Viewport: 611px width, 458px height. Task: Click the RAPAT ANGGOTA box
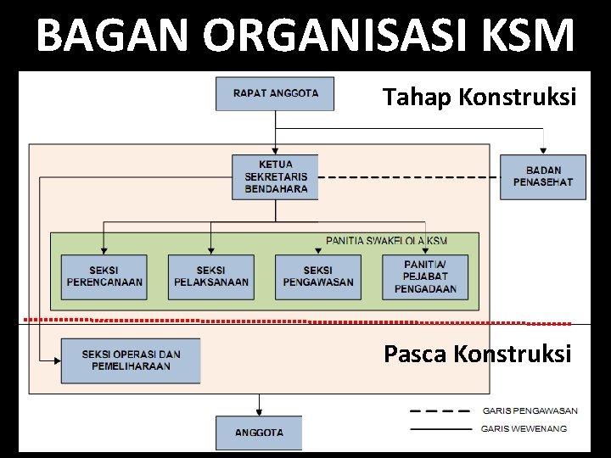[x=275, y=93]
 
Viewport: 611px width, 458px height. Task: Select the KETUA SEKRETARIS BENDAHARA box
[x=275, y=176]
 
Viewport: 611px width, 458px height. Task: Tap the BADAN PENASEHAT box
[x=542, y=176]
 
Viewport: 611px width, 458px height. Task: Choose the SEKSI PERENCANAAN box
[x=104, y=276]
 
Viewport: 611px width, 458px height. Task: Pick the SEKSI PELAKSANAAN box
[x=210, y=276]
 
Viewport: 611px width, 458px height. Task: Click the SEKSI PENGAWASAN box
[x=317, y=276]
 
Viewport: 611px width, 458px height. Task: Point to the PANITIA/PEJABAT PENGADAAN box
[x=425, y=276]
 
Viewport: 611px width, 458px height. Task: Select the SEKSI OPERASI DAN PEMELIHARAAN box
[x=131, y=360]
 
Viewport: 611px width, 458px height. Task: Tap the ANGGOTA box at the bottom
[x=259, y=433]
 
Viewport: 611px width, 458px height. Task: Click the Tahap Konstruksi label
[x=479, y=98]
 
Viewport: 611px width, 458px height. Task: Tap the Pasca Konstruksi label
[x=478, y=353]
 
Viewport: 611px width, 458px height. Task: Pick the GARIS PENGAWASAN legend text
[x=530, y=411]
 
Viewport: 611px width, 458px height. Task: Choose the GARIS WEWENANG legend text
[x=524, y=429]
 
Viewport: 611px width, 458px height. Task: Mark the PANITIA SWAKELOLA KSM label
[x=386, y=241]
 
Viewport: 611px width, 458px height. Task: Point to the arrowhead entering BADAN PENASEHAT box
[x=542, y=151]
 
